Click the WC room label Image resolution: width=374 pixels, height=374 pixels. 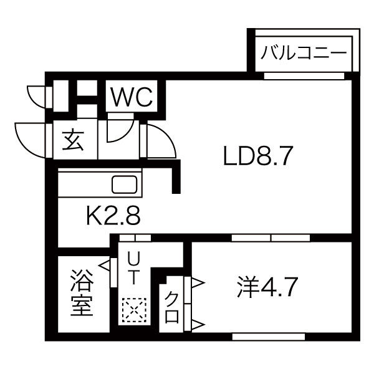132,97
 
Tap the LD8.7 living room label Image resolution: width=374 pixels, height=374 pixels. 258,156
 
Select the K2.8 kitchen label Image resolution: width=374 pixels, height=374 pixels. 113,216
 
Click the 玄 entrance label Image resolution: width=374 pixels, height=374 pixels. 73,141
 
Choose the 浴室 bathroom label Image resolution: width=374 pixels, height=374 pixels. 82,293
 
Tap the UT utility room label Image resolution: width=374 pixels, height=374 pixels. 133,268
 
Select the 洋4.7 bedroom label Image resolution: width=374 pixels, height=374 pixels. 267,287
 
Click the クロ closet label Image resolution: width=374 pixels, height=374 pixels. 172,308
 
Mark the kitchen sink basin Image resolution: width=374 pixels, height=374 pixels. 125,184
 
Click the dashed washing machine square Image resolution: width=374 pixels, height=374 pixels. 134,310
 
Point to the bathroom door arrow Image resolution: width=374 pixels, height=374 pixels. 104,266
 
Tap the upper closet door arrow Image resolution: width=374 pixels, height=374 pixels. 198,283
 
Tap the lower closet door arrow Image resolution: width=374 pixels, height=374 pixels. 198,324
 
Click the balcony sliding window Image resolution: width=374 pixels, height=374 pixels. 304,76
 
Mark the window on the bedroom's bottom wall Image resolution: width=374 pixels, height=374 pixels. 269,337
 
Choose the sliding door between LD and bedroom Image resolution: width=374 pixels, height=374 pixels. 271,238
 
